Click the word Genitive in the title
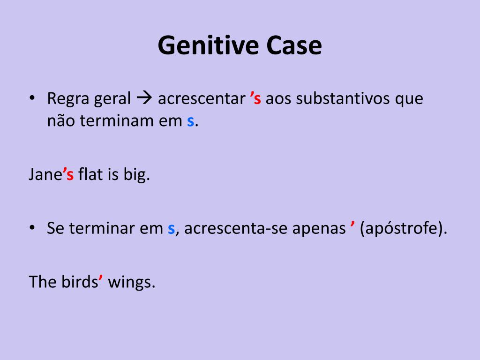[209, 46]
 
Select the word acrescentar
[202, 99]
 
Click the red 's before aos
[255, 99]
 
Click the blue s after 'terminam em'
[190, 121]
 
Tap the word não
[61, 121]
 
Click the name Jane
[45, 175]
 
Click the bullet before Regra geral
[32, 99]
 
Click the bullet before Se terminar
[32, 229]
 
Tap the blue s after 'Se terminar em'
[171, 229]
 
